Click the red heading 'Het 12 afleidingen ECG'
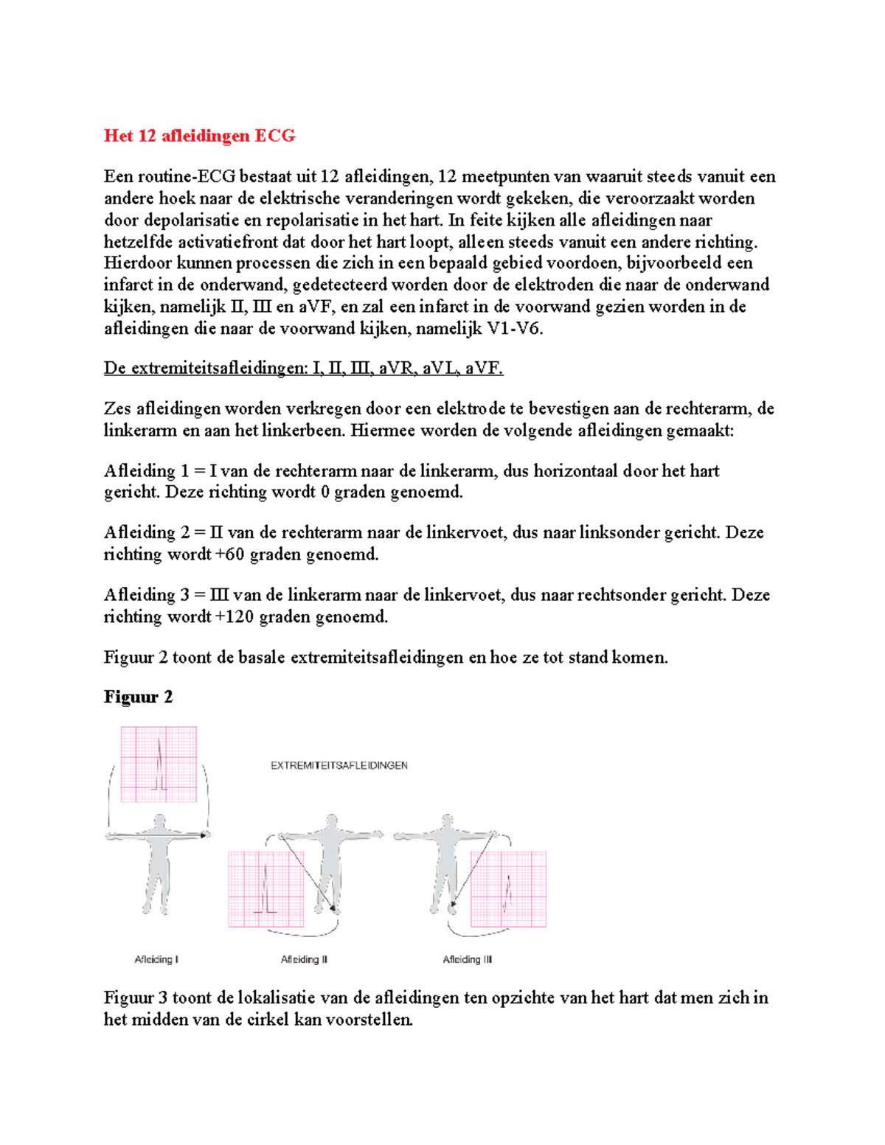(x=199, y=136)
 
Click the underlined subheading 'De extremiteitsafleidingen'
(x=204, y=368)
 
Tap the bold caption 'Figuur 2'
(x=138, y=697)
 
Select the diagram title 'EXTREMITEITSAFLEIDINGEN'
(x=339, y=765)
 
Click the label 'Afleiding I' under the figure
(x=156, y=959)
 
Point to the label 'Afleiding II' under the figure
(x=304, y=959)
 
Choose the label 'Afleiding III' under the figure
(x=467, y=959)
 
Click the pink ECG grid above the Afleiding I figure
(x=159, y=764)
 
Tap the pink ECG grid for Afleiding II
(x=265, y=889)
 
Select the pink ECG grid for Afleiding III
(x=509, y=889)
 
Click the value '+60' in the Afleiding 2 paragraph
(x=229, y=554)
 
